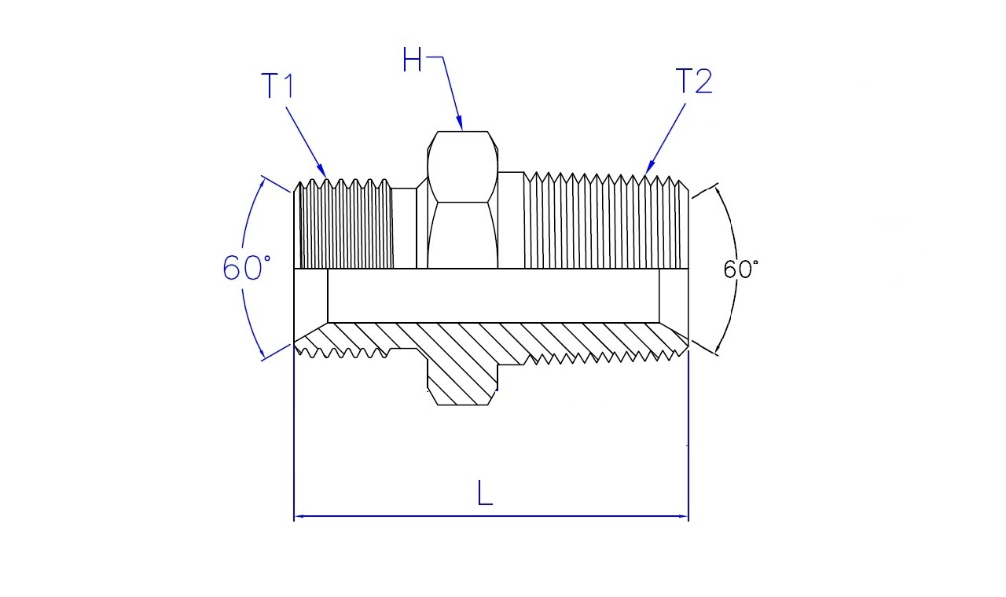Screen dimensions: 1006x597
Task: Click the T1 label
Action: pyautogui.click(x=278, y=86)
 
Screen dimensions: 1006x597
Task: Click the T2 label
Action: pyautogui.click(x=694, y=81)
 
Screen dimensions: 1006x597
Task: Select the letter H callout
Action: pyautogui.click(x=412, y=60)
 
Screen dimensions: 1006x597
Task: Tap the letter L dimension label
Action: pyautogui.click(x=485, y=493)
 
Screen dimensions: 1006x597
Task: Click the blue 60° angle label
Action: pyautogui.click(x=247, y=268)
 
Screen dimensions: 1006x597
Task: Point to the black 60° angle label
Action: pyautogui.click(x=740, y=269)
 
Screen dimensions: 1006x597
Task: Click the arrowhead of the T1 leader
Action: pyautogui.click(x=321, y=171)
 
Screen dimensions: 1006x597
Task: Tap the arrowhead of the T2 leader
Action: pyautogui.click(x=650, y=168)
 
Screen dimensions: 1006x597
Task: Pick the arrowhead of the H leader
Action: pyautogui.click(x=460, y=123)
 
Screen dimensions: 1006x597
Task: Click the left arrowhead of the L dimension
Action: pyautogui.click(x=300, y=516)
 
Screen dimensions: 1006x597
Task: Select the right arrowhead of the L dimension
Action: pyautogui.click(x=682, y=516)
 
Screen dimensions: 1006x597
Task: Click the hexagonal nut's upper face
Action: pyautogui.click(x=463, y=167)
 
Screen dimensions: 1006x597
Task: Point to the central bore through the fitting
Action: pyautogui.click(x=493, y=295)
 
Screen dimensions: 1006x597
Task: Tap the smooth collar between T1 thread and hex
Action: pyautogui.click(x=404, y=228)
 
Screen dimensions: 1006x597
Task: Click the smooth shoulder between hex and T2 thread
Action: pyautogui.click(x=511, y=220)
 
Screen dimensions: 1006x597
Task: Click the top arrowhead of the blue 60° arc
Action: pyautogui.click(x=263, y=184)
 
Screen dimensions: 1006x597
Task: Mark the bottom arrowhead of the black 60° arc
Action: pyautogui.click(x=718, y=346)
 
